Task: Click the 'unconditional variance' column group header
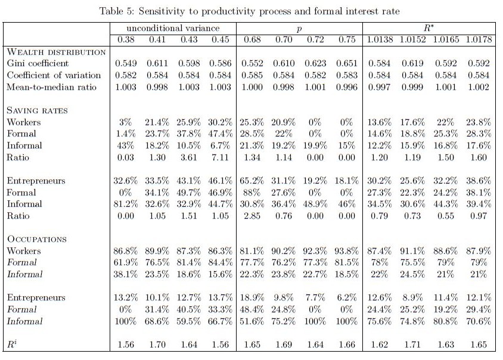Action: (173, 29)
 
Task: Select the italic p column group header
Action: (300, 29)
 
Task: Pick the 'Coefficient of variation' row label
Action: (54, 75)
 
